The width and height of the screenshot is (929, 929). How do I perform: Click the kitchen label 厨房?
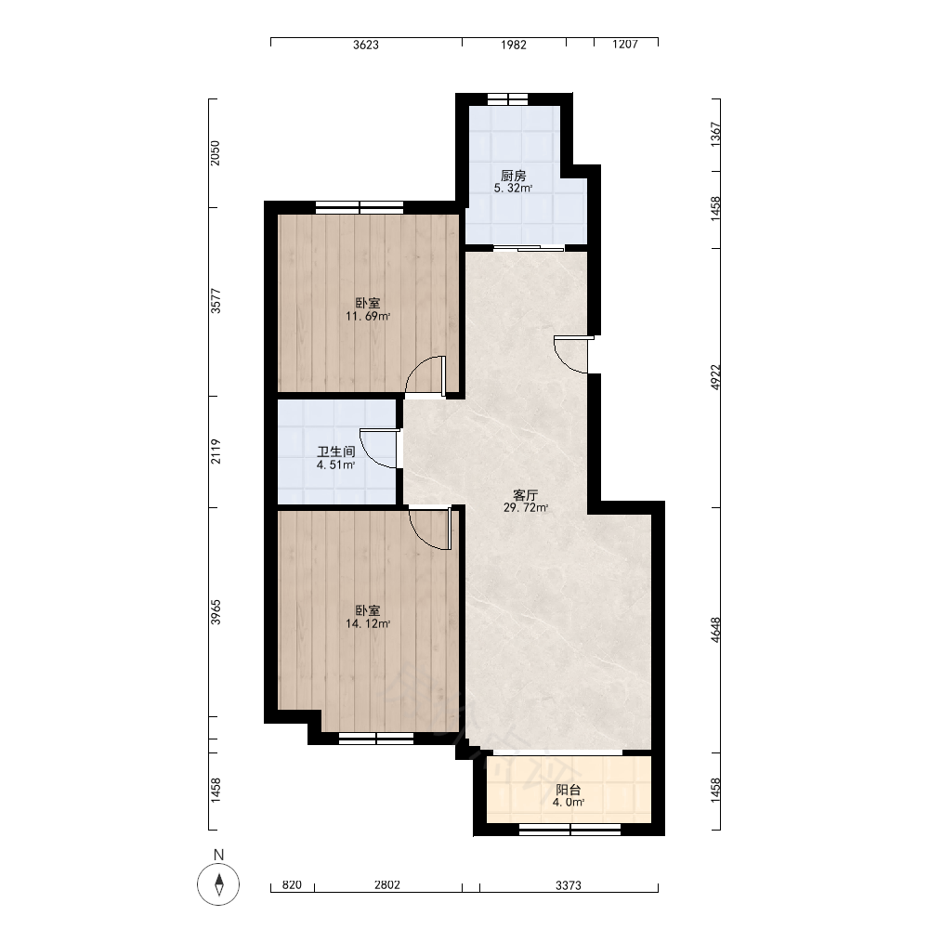(513, 176)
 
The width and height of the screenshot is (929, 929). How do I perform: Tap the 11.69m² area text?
(368, 317)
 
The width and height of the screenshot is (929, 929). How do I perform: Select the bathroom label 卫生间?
(336, 452)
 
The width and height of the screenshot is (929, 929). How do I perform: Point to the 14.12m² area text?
(368, 624)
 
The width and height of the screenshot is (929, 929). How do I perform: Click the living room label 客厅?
(526, 495)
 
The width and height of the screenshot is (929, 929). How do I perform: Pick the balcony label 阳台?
(569, 790)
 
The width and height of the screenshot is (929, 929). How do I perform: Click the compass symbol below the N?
(218, 884)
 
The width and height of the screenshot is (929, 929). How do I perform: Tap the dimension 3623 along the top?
(365, 45)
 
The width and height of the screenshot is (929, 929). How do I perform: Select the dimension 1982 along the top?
(513, 45)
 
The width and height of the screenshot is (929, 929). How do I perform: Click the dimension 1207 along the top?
(625, 45)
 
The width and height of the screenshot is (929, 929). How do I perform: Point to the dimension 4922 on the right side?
(715, 377)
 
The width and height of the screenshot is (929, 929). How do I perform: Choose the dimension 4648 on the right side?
(715, 630)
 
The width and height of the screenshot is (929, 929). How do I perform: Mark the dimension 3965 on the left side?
(216, 612)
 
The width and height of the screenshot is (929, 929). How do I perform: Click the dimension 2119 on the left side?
(216, 451)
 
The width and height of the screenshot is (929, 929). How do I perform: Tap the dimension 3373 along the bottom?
(569, 885)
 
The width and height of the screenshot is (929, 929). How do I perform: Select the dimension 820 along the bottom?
(292, 885)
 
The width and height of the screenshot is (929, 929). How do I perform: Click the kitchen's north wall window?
(507, 99)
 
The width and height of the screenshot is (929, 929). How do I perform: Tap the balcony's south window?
(570, 830)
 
